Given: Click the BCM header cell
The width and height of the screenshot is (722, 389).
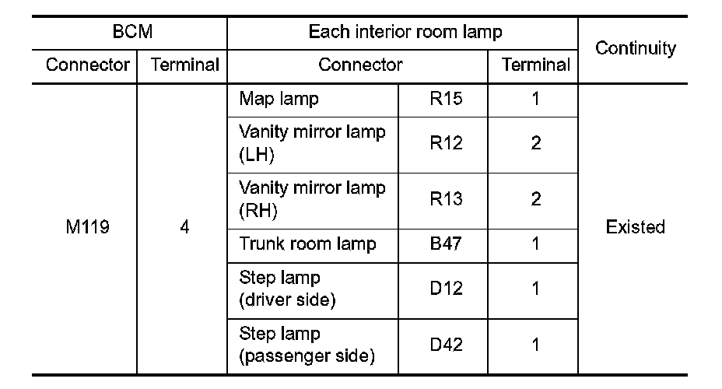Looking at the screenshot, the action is click(x=129, y=32).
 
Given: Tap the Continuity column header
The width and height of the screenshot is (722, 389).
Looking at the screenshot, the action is click(x=635, y=48).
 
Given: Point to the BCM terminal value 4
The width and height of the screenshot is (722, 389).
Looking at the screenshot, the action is click(x=184, y=228).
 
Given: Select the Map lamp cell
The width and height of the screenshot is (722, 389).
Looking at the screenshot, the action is click(x=279, y=100).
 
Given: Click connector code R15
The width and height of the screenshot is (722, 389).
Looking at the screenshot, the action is click(x=446, y=100).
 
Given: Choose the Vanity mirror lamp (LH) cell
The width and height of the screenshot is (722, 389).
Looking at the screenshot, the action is click(x=312, y=143).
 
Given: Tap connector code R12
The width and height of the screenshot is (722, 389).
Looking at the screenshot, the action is click(x=446, y=143).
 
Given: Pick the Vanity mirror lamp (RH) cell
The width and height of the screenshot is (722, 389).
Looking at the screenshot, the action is click(x=312, y=199).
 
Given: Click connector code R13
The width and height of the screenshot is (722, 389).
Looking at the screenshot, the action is click(x=446, y=199).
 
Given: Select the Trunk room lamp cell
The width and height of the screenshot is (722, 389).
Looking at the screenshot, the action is click(x=308, y=244).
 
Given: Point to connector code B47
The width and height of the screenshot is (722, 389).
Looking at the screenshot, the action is click(x=446, y=244).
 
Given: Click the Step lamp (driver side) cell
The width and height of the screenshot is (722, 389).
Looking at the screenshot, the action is click(x=287, y=289).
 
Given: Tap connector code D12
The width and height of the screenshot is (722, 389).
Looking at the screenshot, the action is click(x=446, y=289).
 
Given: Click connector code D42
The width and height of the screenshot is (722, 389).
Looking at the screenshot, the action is click(x=446, y=345).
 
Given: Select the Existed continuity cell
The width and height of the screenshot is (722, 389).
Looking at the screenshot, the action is click(x=635, y=228).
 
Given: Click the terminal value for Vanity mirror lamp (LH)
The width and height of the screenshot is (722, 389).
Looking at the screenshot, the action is click(x=535, y=143).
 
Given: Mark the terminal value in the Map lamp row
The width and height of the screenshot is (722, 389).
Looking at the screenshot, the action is click(x=535, y=100).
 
